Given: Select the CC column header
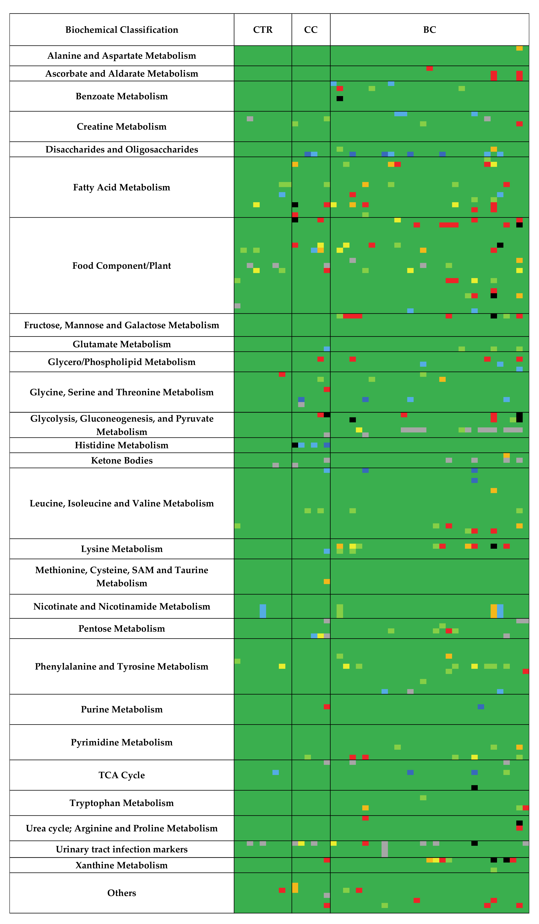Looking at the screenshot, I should pyautogui.click(x=311, y=30).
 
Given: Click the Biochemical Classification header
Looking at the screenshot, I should pyautogui.click(x=122, y=30).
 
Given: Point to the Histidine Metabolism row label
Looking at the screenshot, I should pyautogui.click(x=122, y=445).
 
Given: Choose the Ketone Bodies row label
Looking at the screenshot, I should pyautogui.click(x=122, y=460).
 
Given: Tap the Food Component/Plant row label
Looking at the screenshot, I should pyautogui.click(x=122, y=265).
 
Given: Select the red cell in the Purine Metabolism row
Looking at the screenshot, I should pyautogui.click(x=327, y=707).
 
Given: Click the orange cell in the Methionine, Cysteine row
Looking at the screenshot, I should pyautogui.click(x=327, y=582).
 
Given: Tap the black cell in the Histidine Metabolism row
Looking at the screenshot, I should pyautogui.click(x=295, y=445).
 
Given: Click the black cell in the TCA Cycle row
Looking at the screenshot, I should pyautogui.click(x=474, y=788).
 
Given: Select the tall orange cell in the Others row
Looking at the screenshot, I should pyautogui.click(x=295, y=888).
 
